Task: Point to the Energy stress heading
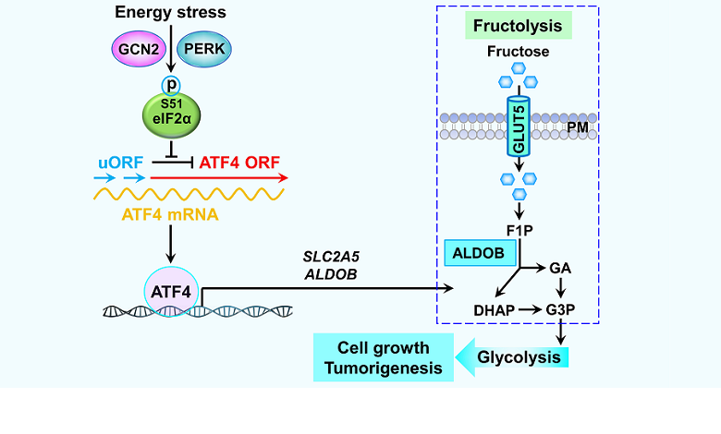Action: (170, 12)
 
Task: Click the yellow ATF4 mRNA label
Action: (170, 215)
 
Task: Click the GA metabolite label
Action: (560, 268)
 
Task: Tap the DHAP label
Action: (491, 309)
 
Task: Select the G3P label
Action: (560, 309)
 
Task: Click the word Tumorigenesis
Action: (383, 368)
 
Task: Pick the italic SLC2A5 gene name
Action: (332, 256)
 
